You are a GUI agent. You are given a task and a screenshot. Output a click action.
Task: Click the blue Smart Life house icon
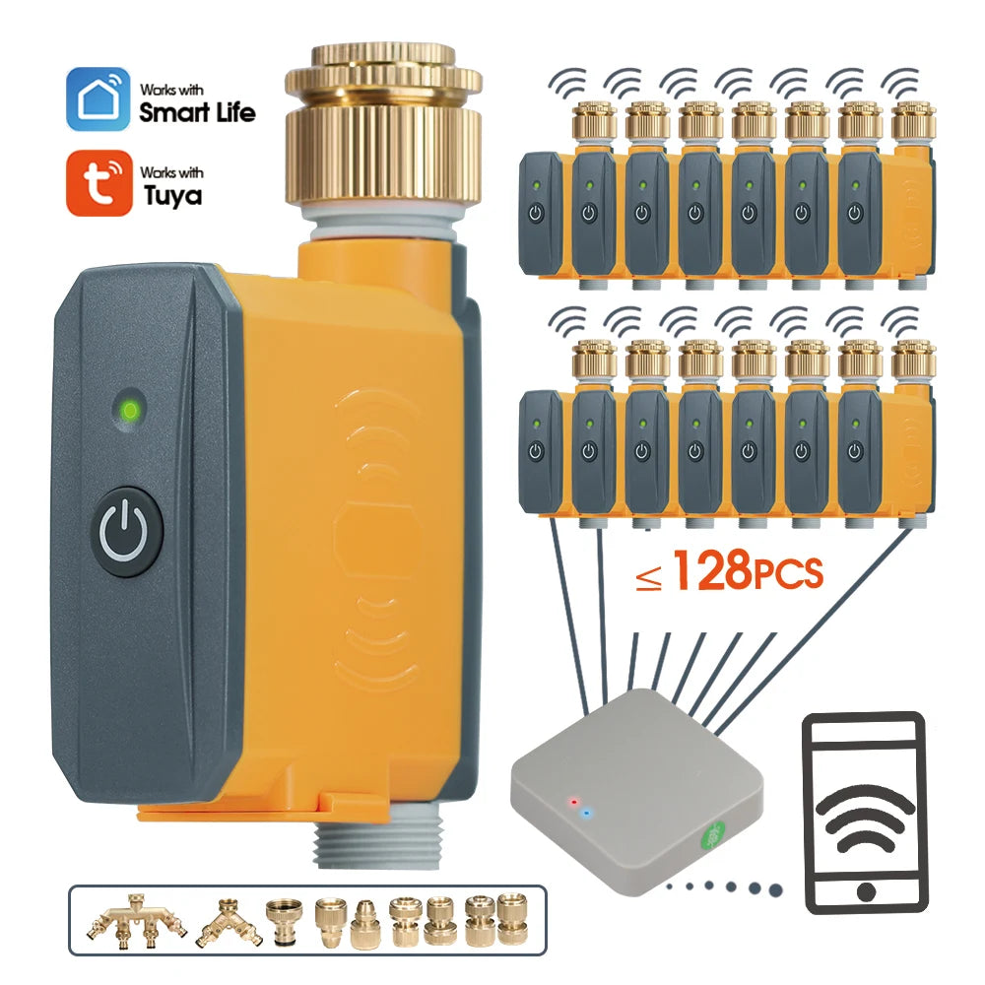click(x=98, y=98)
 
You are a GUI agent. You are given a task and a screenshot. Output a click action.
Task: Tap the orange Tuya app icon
click(x=98, y=182)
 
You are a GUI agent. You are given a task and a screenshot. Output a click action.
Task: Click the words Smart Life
click(x=197, y=111)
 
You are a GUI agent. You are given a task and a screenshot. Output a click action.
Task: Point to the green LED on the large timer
click(x=128, y=408)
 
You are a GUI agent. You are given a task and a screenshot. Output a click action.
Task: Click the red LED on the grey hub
click(x=573, y=801)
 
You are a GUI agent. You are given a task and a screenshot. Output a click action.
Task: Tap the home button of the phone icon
click(x=865, y=892)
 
